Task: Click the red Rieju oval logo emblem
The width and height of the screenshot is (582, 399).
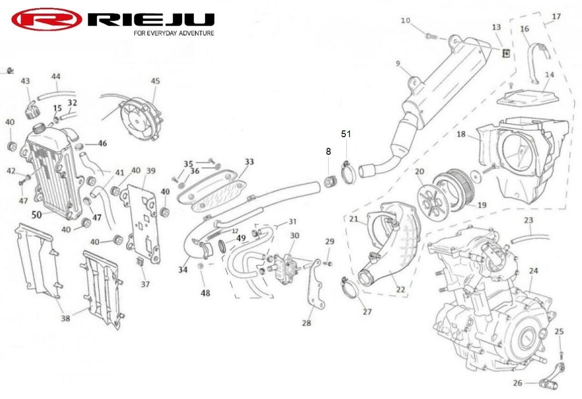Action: pos(47,19)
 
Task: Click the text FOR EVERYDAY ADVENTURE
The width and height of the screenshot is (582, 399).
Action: pos(174,33)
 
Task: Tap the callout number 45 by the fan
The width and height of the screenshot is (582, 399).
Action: pos(155,81)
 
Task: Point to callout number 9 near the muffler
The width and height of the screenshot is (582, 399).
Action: pos(398,64)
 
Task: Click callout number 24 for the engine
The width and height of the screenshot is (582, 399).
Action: pos(533,271)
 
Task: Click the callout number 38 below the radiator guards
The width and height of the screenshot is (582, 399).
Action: pos(65,318)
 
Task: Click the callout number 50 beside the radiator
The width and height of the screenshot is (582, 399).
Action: pos(36,214)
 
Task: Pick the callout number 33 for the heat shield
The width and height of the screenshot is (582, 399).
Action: pos(249,161)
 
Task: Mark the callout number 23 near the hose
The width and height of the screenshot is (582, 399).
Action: pos(529,220)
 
